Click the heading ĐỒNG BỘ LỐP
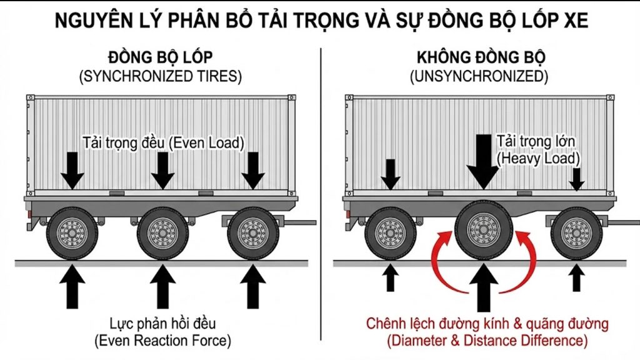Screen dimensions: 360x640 coord(160,58)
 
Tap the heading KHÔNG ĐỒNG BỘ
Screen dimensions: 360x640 coord(481,58)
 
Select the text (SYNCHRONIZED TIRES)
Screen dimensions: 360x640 coord(161,77)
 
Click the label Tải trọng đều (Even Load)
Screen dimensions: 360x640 coord(162,142)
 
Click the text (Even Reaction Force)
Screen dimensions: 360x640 coord(162,341)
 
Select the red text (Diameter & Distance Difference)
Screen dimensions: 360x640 coord(487,341)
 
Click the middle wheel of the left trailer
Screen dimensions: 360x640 coord(162,234)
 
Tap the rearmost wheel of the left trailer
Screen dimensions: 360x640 coord(72,234)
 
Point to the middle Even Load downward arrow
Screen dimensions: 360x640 coord(162,170)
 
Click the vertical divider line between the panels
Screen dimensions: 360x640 coord(321,187)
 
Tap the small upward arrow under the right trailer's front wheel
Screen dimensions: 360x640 coord(577,278)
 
